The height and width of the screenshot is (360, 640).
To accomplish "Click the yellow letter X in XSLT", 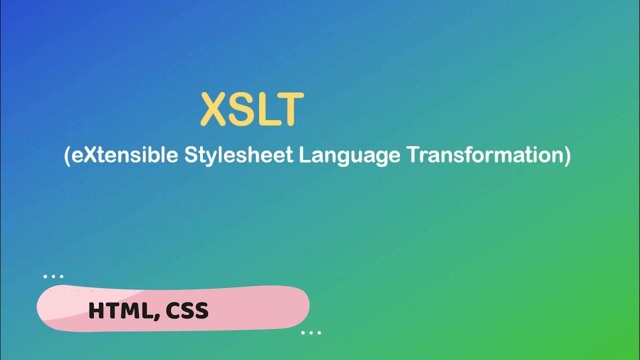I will coord(214,109).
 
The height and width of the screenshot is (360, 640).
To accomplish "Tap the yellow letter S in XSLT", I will coord(240,109).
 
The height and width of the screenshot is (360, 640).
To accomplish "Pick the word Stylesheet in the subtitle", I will coord(238,155).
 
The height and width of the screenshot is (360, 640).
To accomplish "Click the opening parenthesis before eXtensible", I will coord(67,156).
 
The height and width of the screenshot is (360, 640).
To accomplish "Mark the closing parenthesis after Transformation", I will coord(567,156).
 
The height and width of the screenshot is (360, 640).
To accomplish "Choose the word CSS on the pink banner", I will coord(187,311).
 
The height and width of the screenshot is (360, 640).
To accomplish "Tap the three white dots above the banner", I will coord(53,276).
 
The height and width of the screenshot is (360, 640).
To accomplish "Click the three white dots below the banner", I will coord(311,332).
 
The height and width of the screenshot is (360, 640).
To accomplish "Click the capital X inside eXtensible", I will coord(89,155).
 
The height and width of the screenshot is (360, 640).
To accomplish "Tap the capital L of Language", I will coord(303,155).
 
